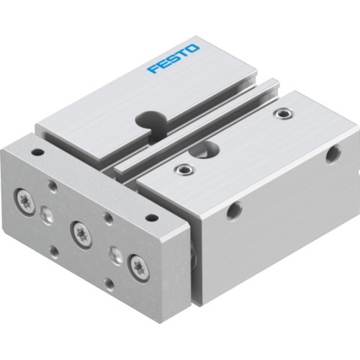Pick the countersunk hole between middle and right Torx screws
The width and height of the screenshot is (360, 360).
(x=113, y=253)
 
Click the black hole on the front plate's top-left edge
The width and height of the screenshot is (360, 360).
(x=37, y=153)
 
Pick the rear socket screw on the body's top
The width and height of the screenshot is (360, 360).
(x=285, y=113)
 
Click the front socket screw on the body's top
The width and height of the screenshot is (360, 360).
(x=185, y=169)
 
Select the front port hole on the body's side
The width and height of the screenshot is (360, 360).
(x=233, y=211)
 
